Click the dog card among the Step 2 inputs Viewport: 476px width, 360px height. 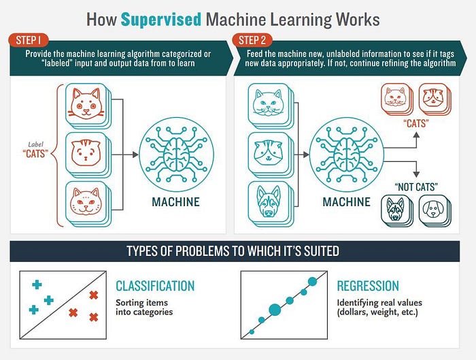point(267,203)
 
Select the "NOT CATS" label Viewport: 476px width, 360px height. point(416,186)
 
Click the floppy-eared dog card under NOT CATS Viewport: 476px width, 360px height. point(434,210)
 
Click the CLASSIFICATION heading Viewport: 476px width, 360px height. point(155,286)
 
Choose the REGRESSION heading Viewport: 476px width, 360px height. point(368,286)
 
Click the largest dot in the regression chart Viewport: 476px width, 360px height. point(275,310)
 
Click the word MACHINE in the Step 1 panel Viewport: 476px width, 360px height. point(175,201)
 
